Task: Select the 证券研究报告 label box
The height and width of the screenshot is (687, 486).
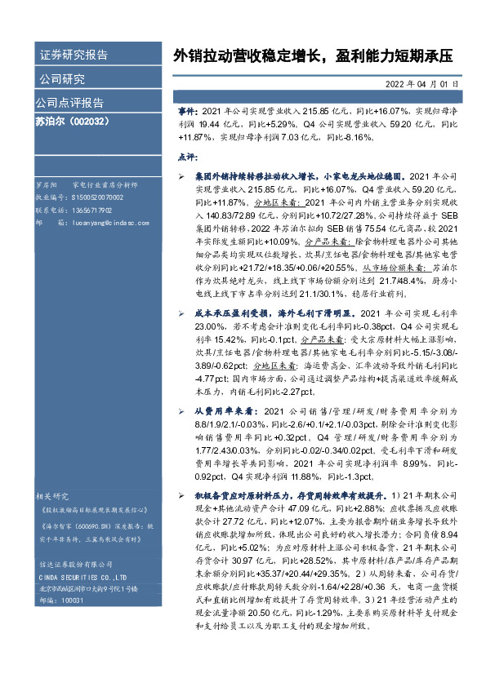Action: [74, 55]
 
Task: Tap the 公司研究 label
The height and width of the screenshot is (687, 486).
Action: [62, 79]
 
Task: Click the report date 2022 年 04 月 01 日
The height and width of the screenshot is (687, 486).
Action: [421, 83]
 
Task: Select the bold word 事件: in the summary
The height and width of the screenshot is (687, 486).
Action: [187, 109]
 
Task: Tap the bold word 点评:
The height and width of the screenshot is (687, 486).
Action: [187, 155]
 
